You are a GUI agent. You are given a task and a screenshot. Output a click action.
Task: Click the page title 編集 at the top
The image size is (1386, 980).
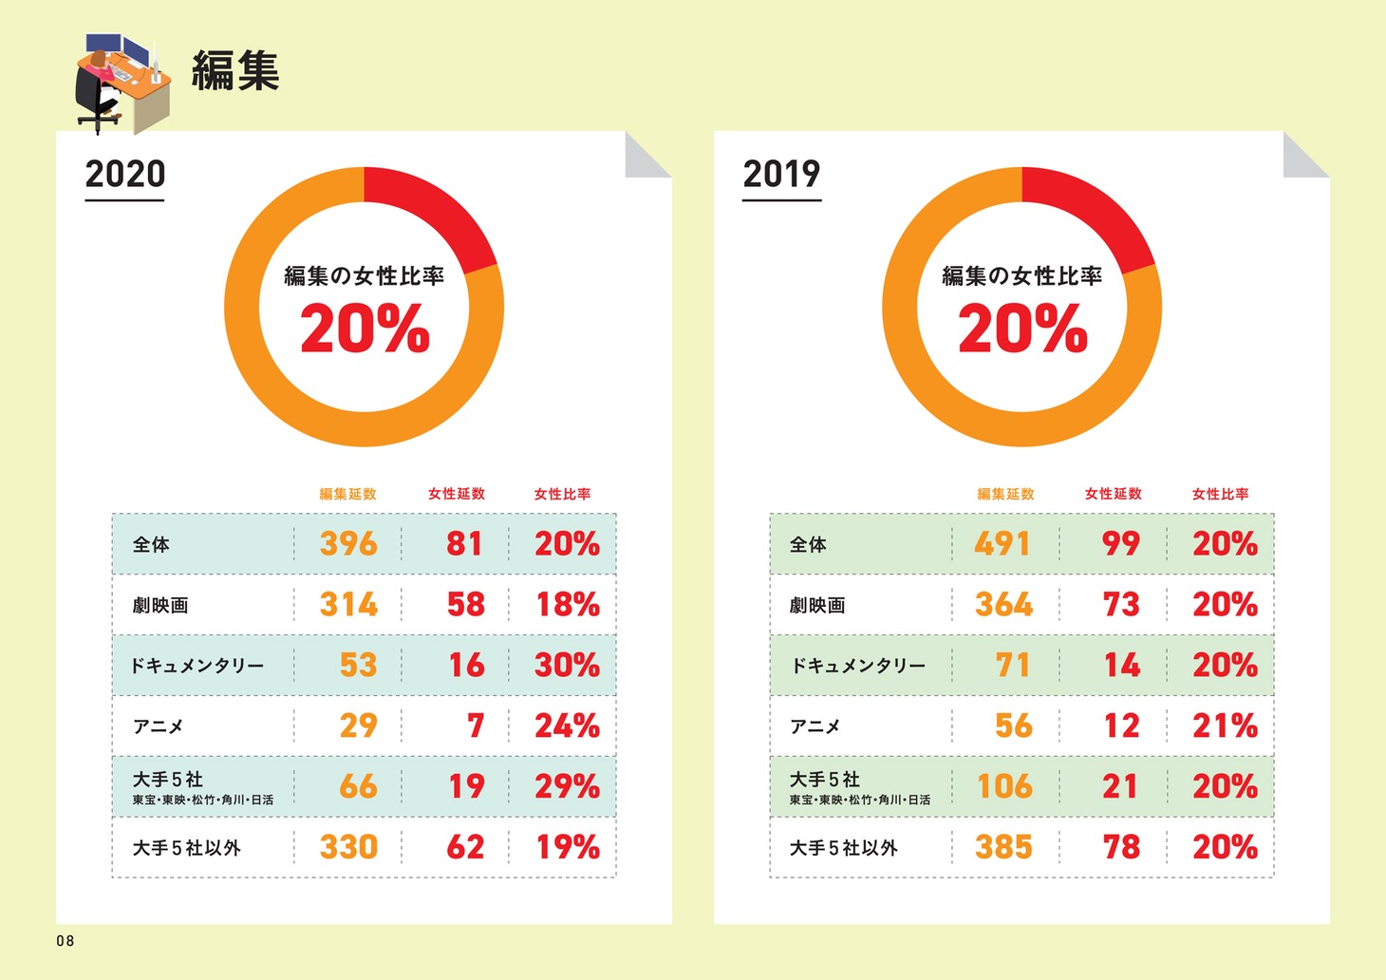pyautogui.click(x=235, y=71)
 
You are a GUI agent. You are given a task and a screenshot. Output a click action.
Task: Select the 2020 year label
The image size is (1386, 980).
pyautogui.click(x=125, y=175)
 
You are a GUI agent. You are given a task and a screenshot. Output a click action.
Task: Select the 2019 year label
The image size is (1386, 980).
pyautogui.click(x=781, y=175)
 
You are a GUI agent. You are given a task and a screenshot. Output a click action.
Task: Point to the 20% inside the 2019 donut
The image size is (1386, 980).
pyautogui.click(x=1022, y=329)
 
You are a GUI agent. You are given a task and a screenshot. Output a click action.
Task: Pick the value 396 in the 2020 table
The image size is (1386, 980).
pyautogui.click(x=348, y=544)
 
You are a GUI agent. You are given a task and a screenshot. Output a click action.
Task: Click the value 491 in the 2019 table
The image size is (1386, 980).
pyautogui.click(x=1002, y=544)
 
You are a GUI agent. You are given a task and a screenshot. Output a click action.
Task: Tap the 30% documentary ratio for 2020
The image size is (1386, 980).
pyautogui.click(x=567, y=666)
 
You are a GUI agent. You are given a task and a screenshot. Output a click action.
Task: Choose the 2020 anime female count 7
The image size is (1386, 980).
pyautogui.click(x=476, y=726)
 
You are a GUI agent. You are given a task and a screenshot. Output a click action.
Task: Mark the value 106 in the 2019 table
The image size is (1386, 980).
pyautogui.click(x=1004, y=787)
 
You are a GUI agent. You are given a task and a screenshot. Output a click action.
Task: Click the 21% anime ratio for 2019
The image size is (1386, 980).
pyautogui.click(x=1225, y=726)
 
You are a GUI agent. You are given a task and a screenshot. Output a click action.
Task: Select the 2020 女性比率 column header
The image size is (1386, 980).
pyautogui.click(x=562, y=494)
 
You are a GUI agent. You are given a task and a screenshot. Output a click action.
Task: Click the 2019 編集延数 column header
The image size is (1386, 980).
pyautogui.click(x=1005, y=494)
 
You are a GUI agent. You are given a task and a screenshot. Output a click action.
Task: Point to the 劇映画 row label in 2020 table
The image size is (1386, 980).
pyautogui.click(x=160, y=606)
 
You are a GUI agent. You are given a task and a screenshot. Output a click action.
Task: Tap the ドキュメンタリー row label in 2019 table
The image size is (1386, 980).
pyautogui.click(x=858, y=667)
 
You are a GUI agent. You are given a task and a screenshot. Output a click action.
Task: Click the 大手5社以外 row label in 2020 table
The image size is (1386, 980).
pyautogui.click(x=186, y=848)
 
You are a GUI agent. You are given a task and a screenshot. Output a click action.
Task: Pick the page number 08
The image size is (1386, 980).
pyautogui.click(x=65, y=941)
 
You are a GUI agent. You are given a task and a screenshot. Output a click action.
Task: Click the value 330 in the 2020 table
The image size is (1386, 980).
pyautogui.click(x=348, y=847)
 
